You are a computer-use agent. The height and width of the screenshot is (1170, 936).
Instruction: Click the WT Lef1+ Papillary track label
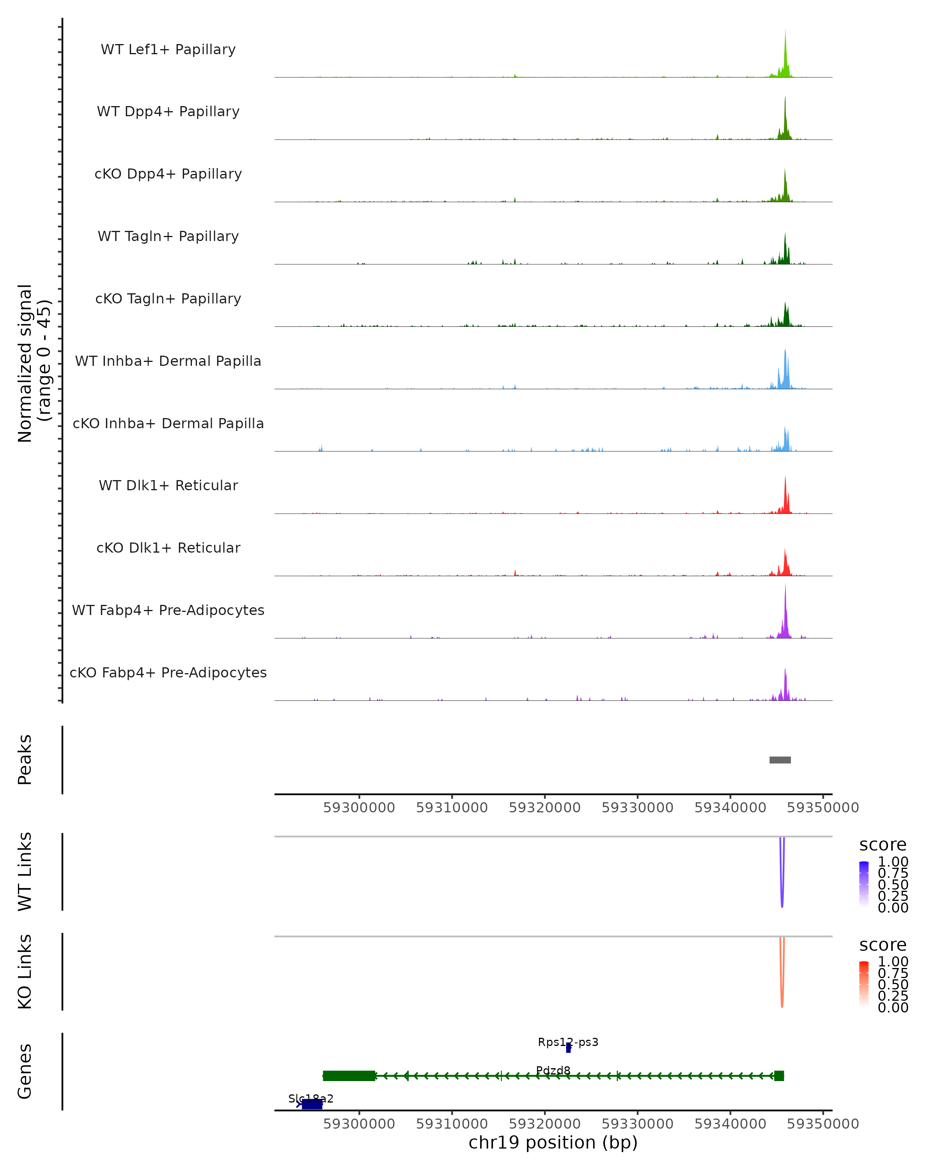[x=168, y=50]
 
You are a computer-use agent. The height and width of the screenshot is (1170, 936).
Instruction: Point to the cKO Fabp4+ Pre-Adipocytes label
[x=168, y=672]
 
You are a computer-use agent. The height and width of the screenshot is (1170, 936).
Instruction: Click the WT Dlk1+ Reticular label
[x=168, y=485]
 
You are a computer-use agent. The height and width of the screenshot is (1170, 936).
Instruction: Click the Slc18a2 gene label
[x=311, y=1098]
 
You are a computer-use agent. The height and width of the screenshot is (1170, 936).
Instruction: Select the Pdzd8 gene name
[x=553, y=1070]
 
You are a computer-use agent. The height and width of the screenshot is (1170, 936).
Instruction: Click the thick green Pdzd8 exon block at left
[x=349, y=1076]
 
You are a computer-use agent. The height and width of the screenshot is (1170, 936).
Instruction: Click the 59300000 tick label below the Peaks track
[x=359, y=808]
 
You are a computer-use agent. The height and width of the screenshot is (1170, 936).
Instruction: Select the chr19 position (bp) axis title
[x=553, y=1142]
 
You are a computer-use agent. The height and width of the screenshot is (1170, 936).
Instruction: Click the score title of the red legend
[x=883, y=945]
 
